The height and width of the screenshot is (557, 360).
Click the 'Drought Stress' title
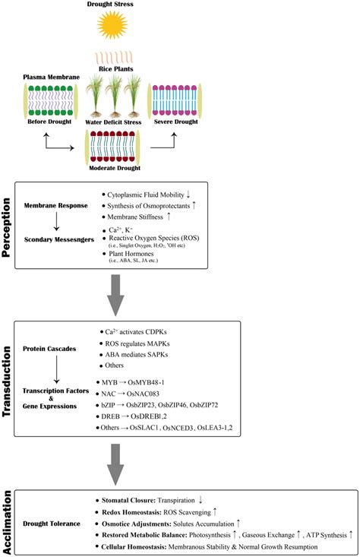[x=180, y=5]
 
